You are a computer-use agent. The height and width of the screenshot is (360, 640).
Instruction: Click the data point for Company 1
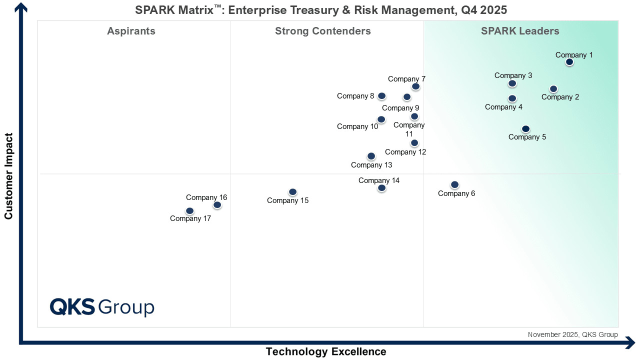[569, 62]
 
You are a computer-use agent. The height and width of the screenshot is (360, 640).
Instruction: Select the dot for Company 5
[525, 129]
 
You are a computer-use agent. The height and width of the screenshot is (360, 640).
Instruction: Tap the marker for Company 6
[454, 185]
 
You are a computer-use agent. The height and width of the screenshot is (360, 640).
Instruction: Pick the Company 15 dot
[292, 192]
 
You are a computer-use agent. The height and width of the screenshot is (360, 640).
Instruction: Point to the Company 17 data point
[189, 211]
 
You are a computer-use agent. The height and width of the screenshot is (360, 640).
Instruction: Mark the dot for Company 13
[371, 156]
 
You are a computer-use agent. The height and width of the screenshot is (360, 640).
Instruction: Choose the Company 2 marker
[553, 89]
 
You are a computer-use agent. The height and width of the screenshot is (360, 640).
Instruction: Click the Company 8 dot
[381, 96]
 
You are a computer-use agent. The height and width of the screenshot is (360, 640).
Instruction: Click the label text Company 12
[405, 152]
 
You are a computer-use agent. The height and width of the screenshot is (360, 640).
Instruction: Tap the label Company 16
[206, 197]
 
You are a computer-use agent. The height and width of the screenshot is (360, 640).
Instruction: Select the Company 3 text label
[513, 75]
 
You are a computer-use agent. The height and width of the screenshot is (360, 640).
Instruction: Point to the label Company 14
[379, 180]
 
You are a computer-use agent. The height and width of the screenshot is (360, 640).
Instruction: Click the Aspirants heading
[131, 31]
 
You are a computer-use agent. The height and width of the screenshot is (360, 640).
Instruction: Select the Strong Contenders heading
[323, 31]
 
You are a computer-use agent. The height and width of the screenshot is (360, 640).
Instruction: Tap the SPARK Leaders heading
[520, 31]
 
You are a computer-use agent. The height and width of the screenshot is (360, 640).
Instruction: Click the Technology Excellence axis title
[326, 351]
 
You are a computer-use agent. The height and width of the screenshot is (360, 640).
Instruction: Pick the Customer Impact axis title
[8, 176]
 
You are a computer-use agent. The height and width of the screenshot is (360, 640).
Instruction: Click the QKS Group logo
[102, 307]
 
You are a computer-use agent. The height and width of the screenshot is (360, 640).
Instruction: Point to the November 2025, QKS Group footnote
[573, 334]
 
